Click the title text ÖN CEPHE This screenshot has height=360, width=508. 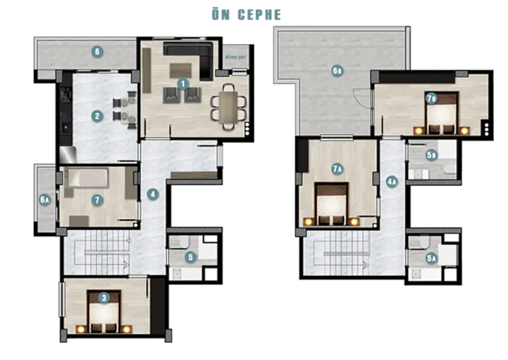246,14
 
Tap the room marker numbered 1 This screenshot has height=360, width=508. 183,84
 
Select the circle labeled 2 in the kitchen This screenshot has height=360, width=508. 97,116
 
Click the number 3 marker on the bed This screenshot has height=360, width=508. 104,298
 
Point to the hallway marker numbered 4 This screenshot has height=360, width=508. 153,194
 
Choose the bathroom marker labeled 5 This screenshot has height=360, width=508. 190,257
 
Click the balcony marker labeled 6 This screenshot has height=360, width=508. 97,52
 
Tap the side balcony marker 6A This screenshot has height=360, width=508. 45,200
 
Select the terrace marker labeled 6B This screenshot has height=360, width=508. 337,71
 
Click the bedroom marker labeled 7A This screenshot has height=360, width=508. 337,169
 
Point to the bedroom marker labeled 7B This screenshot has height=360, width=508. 431,98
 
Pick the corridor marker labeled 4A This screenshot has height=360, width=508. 392,182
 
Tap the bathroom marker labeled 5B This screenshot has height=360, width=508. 431,155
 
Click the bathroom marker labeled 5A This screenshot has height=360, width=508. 431,258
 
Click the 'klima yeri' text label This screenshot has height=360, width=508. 236,57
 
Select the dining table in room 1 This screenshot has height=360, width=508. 228,107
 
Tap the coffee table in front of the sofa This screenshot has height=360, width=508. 180,71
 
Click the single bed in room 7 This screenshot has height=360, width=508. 88,178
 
